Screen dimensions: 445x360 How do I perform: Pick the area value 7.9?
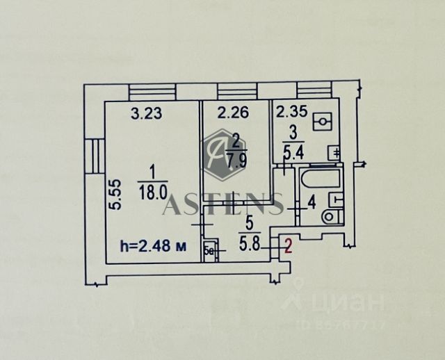[236, 164]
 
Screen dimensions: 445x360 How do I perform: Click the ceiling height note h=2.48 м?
[151, 245]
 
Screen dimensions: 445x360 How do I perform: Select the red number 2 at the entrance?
[286, 244]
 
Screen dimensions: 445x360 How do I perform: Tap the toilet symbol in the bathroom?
[330, 216]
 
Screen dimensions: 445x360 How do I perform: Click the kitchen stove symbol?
[322, 122]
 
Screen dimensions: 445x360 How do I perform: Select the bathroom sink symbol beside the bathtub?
[337, 199]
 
